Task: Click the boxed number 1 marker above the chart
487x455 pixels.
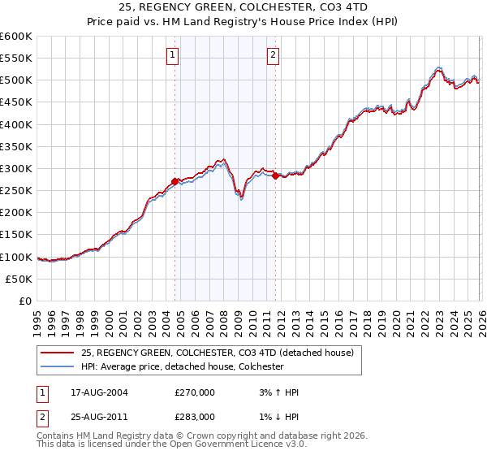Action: click(174, 55)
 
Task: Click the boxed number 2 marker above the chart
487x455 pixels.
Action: click(274, 55)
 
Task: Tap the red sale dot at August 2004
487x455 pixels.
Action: click(175, 182)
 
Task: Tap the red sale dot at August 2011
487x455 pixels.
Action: click(276, 175)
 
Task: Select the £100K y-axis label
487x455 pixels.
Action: click(16, 257)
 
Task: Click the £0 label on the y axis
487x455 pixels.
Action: click(25, 301)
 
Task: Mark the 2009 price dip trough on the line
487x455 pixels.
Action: click(241, 199)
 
